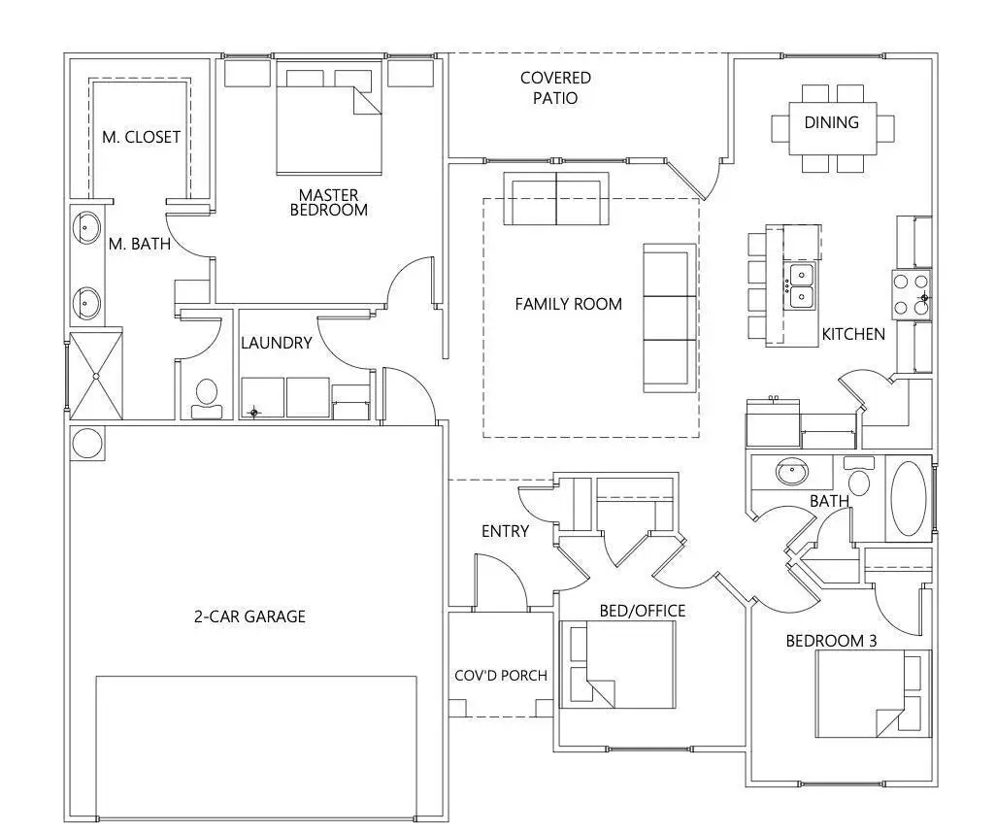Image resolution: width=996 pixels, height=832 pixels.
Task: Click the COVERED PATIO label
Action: [x=555, y=87]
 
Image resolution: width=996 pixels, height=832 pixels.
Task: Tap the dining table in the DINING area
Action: [x=832, y=128]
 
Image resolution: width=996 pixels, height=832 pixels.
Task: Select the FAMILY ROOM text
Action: [x=568, y=304]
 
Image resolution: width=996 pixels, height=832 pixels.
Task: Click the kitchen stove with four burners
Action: [x=912, y=294]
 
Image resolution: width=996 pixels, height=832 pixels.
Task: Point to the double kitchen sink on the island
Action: [x=801, y=284]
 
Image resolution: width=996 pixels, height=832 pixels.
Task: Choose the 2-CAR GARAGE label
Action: [x=249, y=616]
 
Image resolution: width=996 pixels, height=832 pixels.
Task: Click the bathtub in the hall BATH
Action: [x=909, y=498]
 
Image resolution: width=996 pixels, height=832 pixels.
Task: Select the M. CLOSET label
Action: [x=141, y=137]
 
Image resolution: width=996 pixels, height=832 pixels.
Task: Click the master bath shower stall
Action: [x=95, y=376]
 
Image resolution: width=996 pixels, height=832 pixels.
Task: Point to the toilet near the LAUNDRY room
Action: [x=206, y=396]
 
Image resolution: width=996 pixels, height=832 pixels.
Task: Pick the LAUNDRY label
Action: [x=277, y=343]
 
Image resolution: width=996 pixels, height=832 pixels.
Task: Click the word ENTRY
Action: [x=506, y=531]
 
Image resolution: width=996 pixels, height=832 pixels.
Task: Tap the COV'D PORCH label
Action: [x=501, y=676]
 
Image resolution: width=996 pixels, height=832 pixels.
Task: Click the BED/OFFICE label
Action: [x=642, y=611]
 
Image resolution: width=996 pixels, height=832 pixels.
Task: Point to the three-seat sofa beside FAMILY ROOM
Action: [x=670, y=317]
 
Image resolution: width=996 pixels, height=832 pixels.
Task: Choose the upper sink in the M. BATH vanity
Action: [x=86, y=228]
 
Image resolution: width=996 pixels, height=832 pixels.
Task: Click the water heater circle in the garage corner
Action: [x=86, y=443]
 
